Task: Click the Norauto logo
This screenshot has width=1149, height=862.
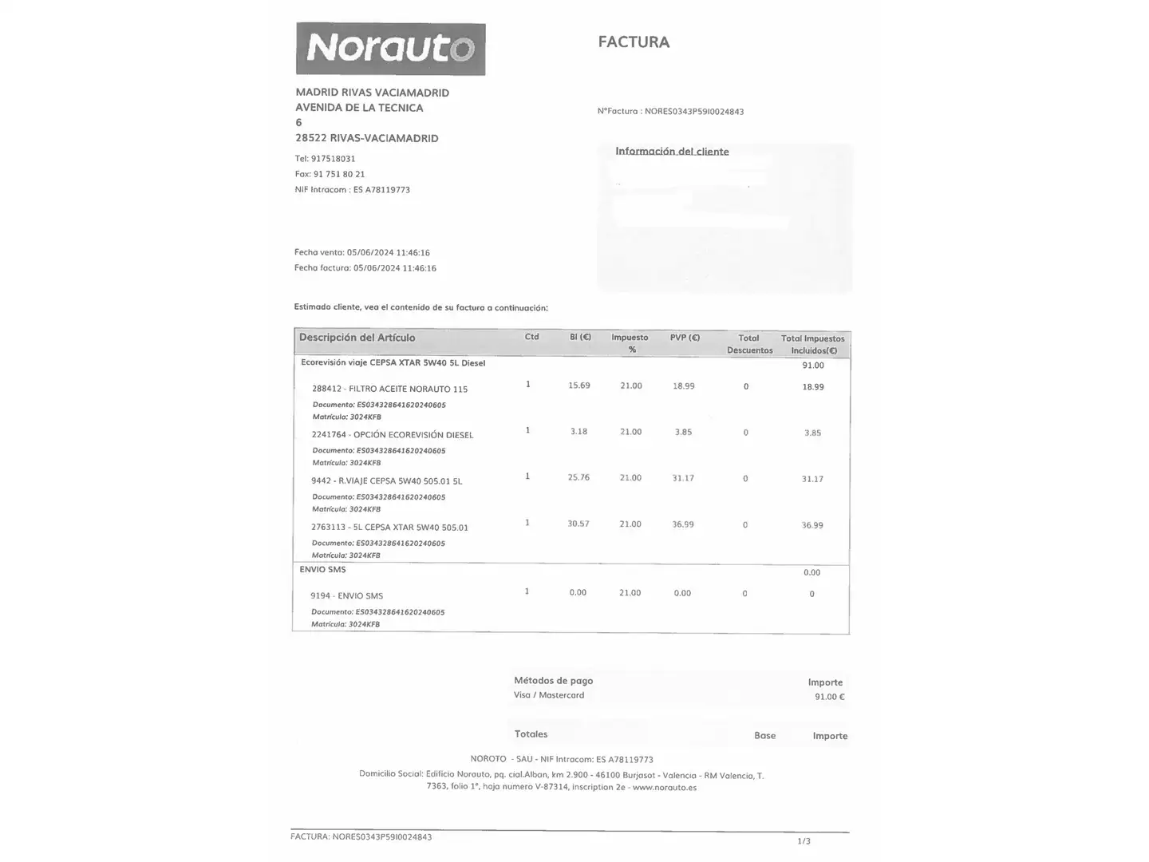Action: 390,49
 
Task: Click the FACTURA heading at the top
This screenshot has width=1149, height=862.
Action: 634,42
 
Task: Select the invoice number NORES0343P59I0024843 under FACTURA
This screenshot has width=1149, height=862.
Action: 693,112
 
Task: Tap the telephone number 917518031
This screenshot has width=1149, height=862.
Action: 333,159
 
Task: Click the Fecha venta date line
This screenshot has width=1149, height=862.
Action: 361,252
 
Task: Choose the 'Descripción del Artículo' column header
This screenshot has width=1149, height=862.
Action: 357,338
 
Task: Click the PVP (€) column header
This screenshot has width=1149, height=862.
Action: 685,338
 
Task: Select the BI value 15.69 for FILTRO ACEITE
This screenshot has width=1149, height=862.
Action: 578,386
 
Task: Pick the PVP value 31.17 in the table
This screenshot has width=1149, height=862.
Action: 683,478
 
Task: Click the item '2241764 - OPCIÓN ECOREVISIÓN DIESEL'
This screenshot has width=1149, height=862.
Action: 393,435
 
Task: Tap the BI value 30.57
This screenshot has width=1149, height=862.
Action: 578,524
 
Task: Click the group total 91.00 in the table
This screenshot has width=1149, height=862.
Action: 813,366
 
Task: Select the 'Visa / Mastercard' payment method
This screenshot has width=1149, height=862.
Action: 549,695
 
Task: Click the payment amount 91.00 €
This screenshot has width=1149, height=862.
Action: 829,697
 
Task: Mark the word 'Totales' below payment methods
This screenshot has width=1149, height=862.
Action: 531,734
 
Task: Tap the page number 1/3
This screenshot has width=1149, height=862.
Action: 804,841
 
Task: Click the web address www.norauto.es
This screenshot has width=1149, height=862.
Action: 665,787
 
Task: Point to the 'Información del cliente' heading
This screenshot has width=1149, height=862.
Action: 672,152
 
